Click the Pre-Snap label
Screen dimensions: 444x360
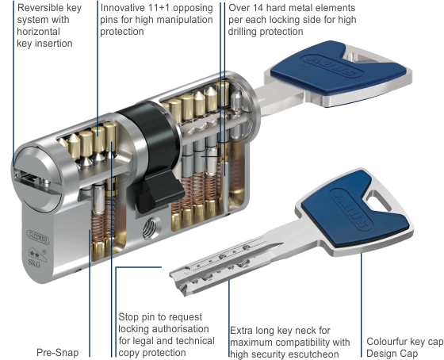57,353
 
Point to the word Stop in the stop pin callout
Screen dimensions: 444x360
128,317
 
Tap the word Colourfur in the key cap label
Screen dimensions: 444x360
386,342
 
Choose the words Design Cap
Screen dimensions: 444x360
392,354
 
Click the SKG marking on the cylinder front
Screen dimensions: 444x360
34,262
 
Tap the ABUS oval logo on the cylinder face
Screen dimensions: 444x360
38,237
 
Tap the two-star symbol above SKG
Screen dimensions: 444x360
35,255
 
